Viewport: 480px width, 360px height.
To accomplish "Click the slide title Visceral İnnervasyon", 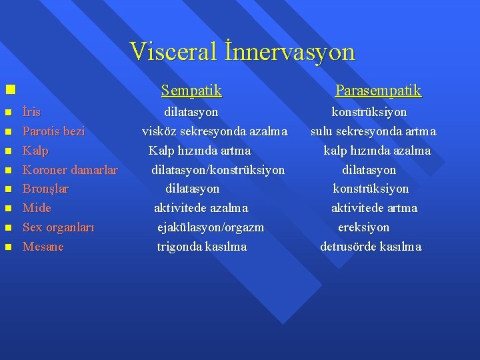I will point(243,52).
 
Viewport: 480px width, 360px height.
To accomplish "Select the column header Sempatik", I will point(191,90).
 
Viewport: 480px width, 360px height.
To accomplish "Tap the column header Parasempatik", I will point(378,90).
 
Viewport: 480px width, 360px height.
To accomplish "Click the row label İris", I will point(31,112).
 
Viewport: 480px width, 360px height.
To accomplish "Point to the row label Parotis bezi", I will point(53,131).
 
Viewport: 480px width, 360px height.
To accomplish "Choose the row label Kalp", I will point(35,151).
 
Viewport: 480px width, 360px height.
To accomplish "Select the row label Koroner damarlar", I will point(70,170).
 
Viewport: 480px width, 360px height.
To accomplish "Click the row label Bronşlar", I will point(45,189).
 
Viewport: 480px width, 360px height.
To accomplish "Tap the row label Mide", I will point(37,208).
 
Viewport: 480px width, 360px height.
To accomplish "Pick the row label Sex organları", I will point(58,227).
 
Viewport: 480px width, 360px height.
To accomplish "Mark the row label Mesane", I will point(43,247).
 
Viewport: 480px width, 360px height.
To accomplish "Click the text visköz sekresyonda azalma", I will point(215,131).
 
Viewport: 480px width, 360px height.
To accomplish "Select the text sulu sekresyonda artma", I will point(373,131).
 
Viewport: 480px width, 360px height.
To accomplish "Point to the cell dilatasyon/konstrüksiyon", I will point(218,170).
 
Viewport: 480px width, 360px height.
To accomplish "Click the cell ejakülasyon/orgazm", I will point(211,227).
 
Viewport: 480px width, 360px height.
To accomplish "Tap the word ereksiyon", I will point(364,227).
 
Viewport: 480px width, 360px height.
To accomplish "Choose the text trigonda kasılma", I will point(202,247).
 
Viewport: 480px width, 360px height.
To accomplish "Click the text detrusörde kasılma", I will point(371,247).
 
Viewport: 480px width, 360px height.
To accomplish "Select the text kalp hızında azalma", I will point(377,151).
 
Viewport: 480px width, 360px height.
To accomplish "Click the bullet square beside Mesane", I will point(9,247).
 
